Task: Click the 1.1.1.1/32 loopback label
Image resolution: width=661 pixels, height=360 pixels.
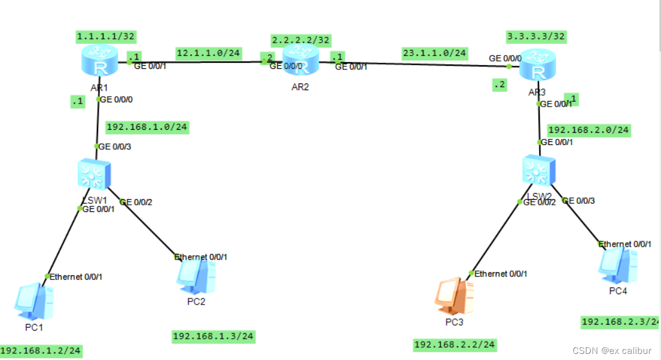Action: [x=106, y=37]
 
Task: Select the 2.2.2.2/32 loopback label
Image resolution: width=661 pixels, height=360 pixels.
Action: [x=301, y=40]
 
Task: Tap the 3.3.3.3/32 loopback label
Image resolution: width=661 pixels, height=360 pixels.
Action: [x=536, y=37]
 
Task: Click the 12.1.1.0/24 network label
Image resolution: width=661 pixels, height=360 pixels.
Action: [x=208, y=53]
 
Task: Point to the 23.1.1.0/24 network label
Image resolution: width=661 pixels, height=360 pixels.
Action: [x=434, y=53]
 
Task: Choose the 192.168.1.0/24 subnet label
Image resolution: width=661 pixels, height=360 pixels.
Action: [x=147, y=127]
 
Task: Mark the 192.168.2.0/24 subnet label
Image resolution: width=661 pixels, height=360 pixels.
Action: [x=589, y=130]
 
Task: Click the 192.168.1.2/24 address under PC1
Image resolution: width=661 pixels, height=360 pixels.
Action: [x=41, y=351]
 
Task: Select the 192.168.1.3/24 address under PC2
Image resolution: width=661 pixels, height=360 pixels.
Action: [x=213, y=336]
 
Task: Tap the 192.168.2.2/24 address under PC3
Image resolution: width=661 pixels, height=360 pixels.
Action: [x=454, y=345]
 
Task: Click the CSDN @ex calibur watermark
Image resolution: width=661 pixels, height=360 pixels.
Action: [x=612, y=350]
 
